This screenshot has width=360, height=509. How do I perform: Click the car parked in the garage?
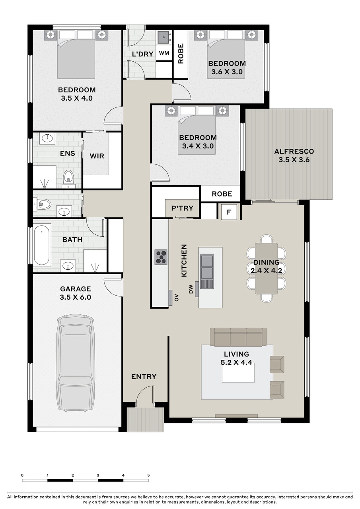pos(75,363)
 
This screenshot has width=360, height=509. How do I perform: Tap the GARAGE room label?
pos(75,289)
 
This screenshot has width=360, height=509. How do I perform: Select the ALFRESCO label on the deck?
pos(294,151)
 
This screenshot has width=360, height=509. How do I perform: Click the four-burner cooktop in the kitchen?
pos(161,257)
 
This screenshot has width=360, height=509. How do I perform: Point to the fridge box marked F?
pos(229,212)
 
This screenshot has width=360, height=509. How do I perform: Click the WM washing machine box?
pos(163,53)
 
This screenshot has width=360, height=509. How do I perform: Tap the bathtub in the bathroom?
pos(42,245)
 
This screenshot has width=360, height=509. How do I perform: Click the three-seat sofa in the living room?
pos(238,337)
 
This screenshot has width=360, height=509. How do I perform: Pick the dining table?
pos(266,268)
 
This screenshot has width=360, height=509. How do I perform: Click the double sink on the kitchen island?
pos(207,267)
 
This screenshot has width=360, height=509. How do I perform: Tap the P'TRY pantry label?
pos(182,208)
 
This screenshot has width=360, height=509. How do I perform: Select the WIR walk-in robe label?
pos(97,156)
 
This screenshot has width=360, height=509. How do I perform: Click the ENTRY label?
pos(144,376)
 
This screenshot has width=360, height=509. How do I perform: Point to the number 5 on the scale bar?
pos(148,475)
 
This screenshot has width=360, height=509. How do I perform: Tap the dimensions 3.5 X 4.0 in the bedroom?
pos(77,98)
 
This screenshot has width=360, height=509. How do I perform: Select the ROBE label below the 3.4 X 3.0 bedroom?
pos(222,194)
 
